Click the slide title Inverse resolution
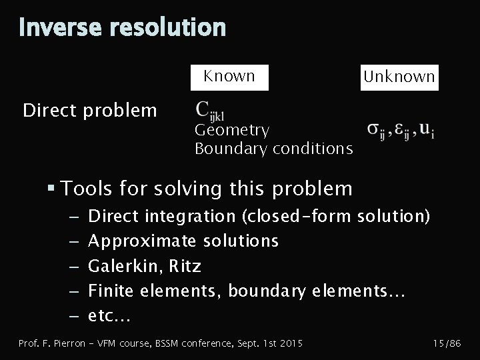pyautogui.click(x=122, y=27)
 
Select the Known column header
pyautogui.click(x=229, y=76)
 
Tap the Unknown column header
pyautogui.click(x=399, y=77)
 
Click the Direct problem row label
pyautogui.click(x=90, y=110)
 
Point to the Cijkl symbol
pyautogui.click(x=215, y=109)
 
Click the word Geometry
pyautogui.click(x=232, y=130)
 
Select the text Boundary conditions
pyautogui.click(x=273, y=148)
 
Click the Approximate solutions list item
pyautogui.click(x=183, y=240)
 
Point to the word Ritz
pyautogui.click(x=185, y=267)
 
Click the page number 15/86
pyautogui.click(x=447, y=343)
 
